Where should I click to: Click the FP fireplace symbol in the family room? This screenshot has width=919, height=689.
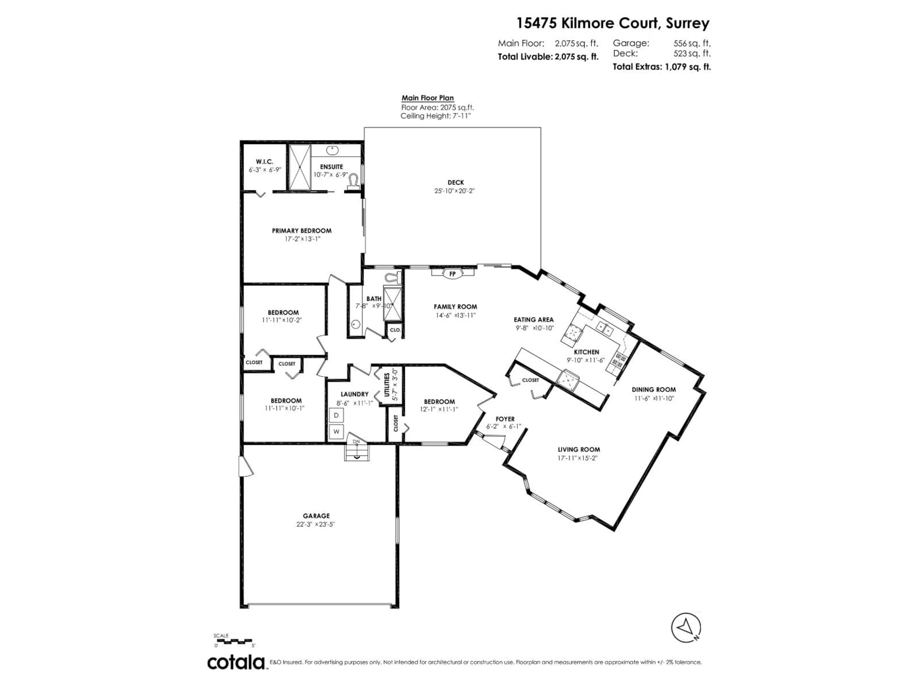[452, 274]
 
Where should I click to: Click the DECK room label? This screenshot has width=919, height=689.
[455, 182]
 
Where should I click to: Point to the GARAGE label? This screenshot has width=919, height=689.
[316, 516]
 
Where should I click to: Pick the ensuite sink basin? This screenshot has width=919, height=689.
[332, 150]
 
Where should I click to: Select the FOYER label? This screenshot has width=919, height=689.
[505, 419]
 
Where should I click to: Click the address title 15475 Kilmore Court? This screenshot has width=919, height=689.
[612, 23]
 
